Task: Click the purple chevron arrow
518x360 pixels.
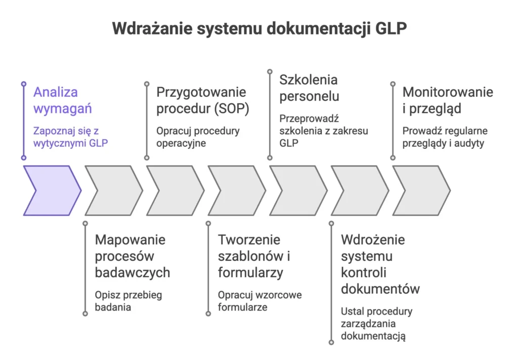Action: coord(51,190)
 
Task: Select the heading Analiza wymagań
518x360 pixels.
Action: coord(56,100)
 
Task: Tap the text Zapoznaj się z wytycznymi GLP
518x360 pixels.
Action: coord(70,137)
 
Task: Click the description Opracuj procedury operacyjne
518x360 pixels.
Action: coord(198,137)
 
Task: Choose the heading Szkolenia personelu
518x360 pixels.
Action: coord(309,88)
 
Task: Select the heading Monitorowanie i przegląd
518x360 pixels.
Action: coord(447,100)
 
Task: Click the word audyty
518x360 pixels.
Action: coord(468,143)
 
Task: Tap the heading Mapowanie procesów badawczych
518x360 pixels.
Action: coord(132,256)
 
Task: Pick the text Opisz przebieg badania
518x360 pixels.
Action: coord(128,301)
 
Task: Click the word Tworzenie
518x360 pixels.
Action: coord(249,239)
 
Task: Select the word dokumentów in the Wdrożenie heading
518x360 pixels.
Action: coord(380,289)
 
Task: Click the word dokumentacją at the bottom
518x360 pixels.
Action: coord(373,336)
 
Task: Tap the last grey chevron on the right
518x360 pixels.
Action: coord(421,190)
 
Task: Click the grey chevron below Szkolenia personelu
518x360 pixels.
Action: coord(298,190)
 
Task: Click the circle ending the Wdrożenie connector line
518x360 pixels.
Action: coord(331,343)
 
